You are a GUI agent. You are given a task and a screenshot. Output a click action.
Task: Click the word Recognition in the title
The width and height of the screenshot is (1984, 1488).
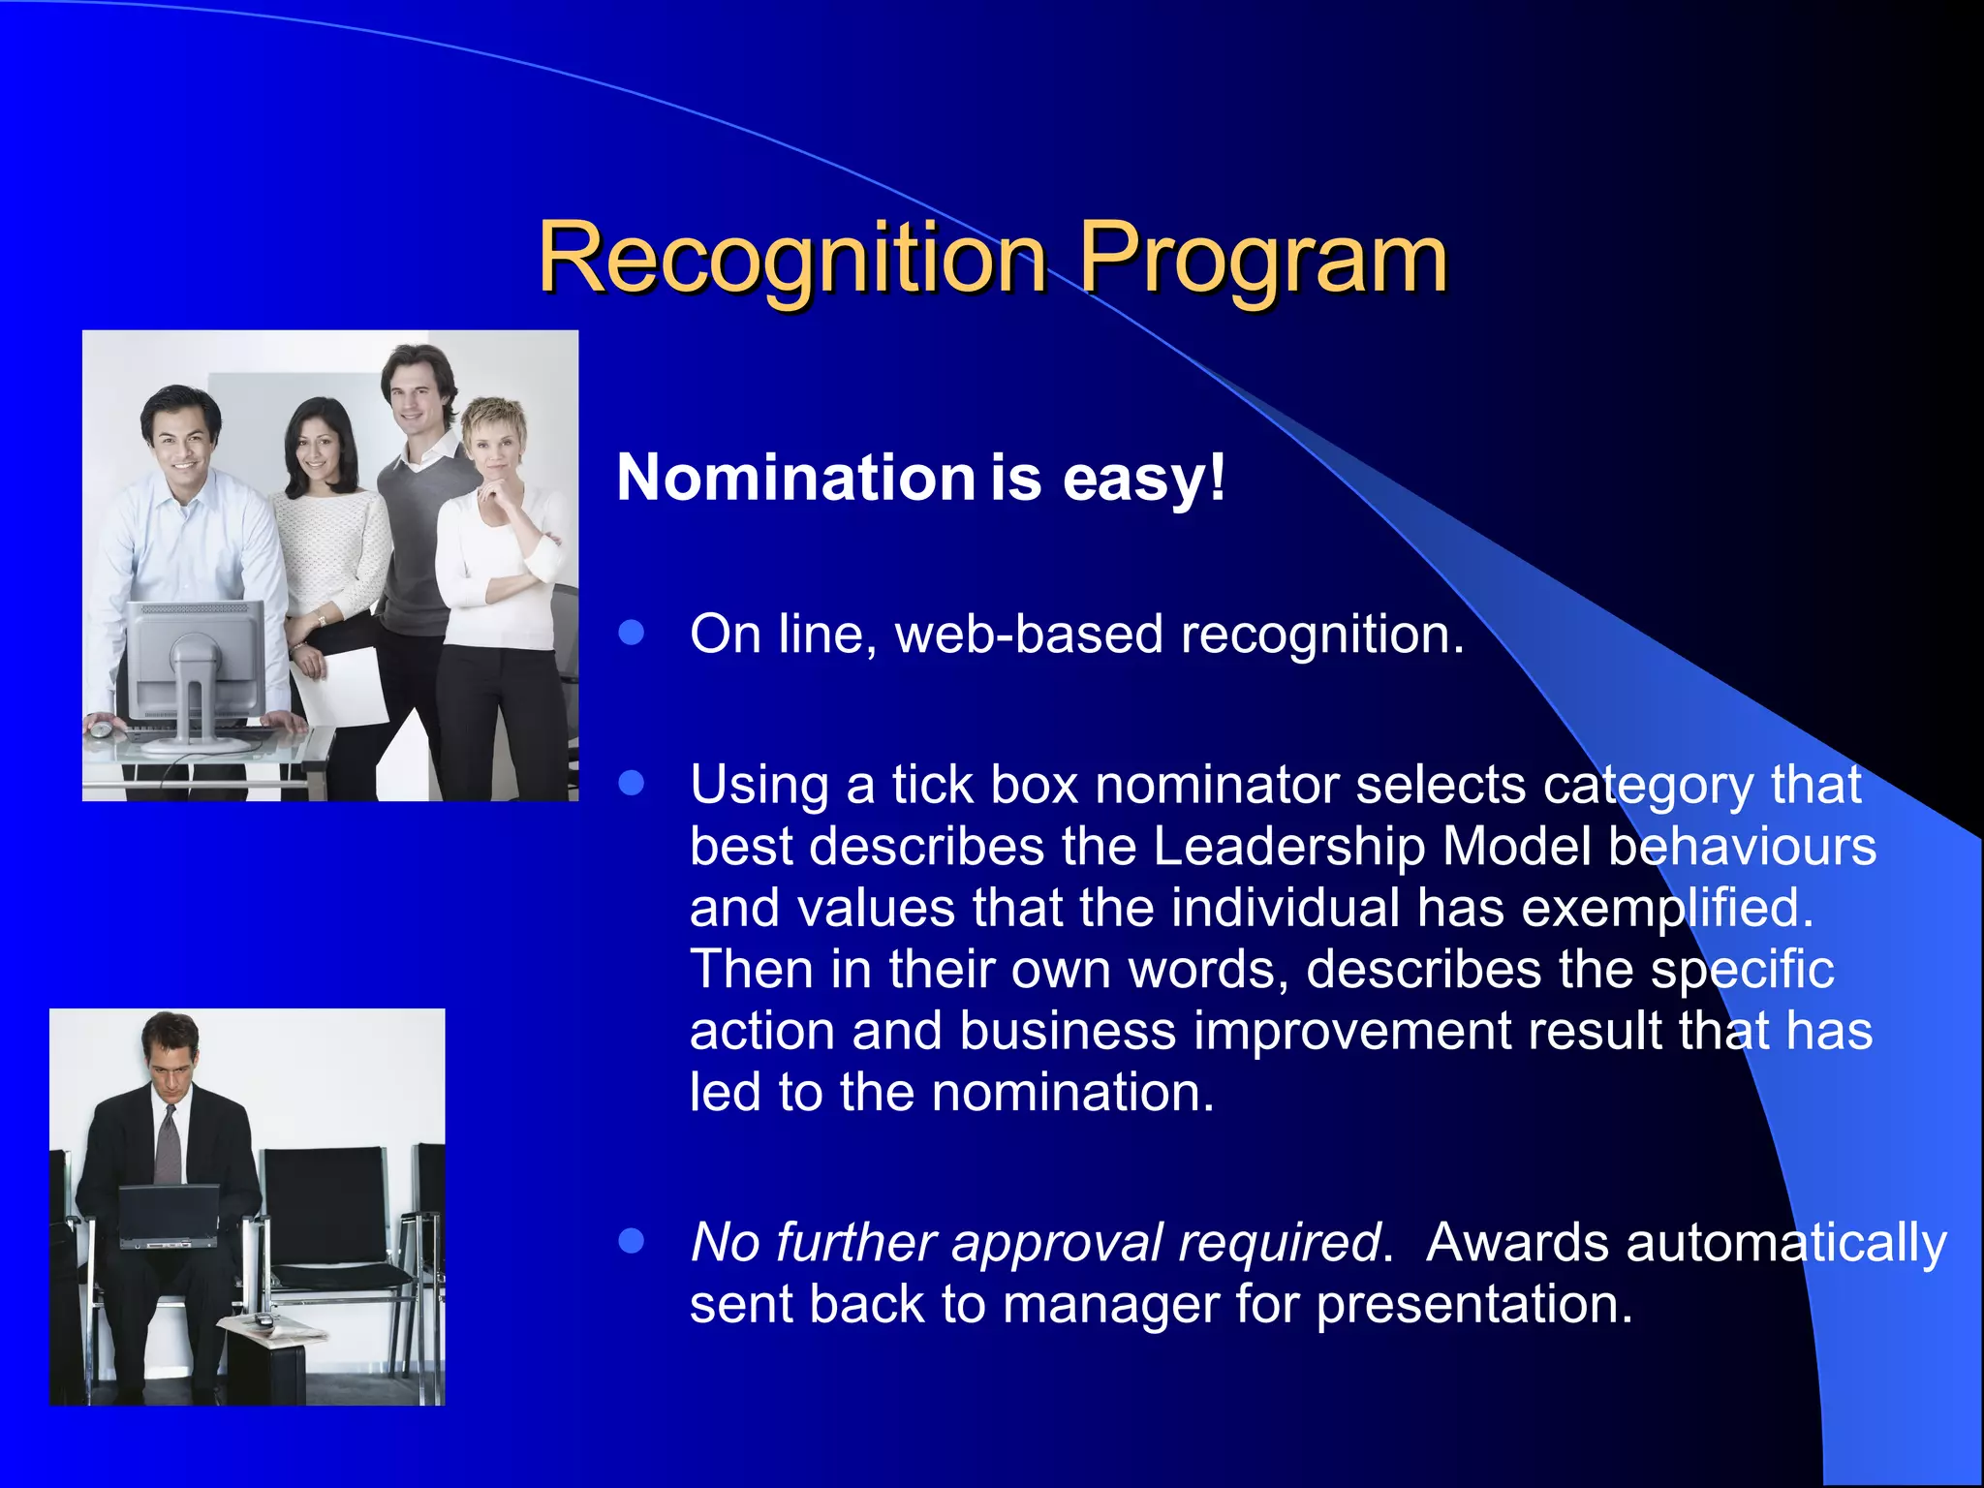click(x=791, y=258)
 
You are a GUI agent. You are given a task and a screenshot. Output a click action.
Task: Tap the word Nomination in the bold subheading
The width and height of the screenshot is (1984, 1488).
click(x=795, y=478)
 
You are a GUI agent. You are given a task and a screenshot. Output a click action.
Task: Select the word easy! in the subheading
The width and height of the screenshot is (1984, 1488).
click(x=1144, y=478)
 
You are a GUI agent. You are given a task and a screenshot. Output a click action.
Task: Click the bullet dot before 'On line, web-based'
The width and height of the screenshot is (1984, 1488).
click(x=632, y=633)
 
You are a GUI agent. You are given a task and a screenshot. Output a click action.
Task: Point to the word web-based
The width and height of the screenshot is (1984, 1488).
click(x=1028, y=635)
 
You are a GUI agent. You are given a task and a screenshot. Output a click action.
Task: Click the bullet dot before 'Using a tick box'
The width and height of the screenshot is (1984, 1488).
click(x=632, y=782)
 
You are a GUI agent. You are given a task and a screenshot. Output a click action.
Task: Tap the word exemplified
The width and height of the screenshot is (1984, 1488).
click(x=1666, y=908)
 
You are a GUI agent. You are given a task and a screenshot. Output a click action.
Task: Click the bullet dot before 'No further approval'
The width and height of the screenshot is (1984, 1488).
click(x=632, y=1241)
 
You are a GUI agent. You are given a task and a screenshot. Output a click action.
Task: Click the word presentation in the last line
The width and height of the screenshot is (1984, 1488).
click(x=1472, y=1304)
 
